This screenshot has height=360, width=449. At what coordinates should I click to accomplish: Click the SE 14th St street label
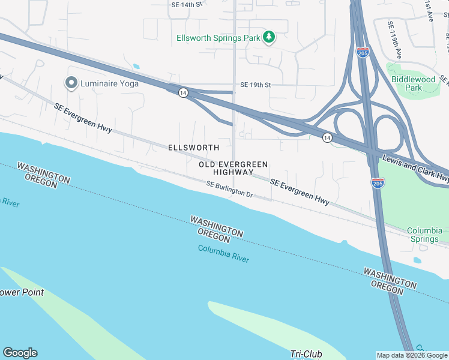[187, 5]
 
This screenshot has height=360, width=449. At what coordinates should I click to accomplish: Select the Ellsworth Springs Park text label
[218, 38]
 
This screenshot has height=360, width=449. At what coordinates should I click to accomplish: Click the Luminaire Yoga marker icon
[71, 83]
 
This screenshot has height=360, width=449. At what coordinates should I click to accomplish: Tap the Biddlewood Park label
[414, 83]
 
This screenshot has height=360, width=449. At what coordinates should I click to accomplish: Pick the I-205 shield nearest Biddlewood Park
[363, 52]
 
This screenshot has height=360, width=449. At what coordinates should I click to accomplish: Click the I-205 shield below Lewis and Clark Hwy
[378, 182]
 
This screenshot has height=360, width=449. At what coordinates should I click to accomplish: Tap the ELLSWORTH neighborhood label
[193, 147]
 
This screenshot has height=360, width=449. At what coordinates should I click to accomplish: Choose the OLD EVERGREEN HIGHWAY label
[234, 168]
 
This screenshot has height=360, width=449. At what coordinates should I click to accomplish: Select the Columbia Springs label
[424, 235]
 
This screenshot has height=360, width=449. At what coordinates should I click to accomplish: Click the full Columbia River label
[223, 254]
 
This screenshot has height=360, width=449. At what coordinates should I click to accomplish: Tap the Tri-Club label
[305, 354]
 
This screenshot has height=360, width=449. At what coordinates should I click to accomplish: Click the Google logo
[20, 353]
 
